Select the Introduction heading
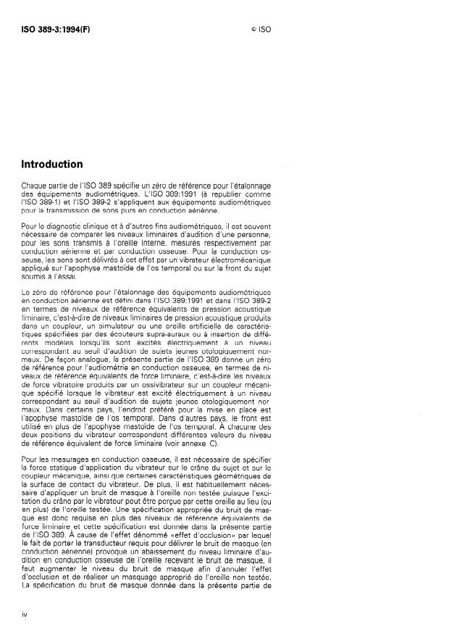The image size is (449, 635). (51, 165)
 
